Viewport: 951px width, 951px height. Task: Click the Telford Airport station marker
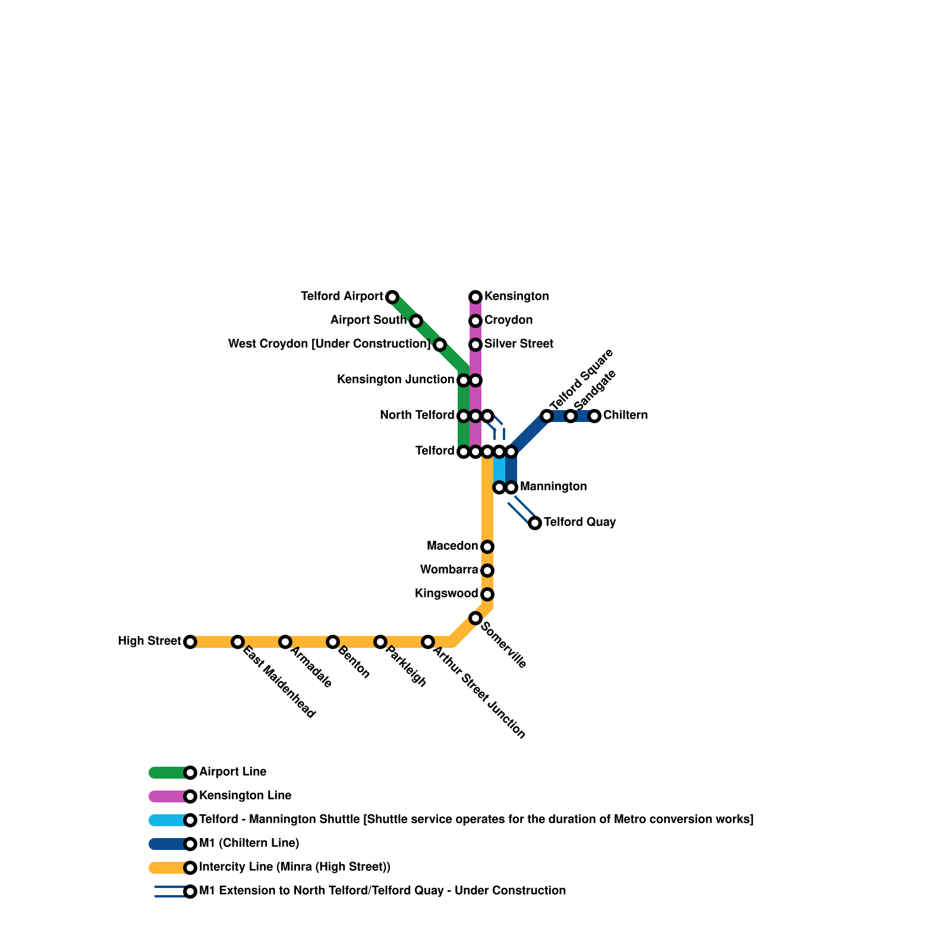click(392, 297)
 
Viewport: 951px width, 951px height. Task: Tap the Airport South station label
click(369, 320)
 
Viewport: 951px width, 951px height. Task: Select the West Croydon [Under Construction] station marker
click(440, 345)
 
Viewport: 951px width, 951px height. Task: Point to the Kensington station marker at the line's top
click(475, 297)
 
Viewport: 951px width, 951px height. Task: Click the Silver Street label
click(518, 344)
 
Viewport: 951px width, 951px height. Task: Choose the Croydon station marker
click(475, 321)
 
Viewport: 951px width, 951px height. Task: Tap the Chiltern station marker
click(594, 416)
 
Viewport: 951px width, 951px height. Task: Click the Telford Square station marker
click(547, 416)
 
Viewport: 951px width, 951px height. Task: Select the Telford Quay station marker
click(535, 523)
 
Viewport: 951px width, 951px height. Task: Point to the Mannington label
click(553, 487)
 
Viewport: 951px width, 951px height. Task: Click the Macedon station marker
click(487, 547)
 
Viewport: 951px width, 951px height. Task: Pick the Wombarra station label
click(449, 570)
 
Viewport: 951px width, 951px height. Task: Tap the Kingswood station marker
click(487, 594)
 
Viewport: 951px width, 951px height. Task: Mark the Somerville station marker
click(475, 618)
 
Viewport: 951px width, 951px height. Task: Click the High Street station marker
click(190, 642)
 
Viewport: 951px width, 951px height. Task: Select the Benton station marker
click(333, 642)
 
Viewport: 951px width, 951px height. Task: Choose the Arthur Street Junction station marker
click(428, 642)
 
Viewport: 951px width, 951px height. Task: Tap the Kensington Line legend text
click(245, 796)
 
